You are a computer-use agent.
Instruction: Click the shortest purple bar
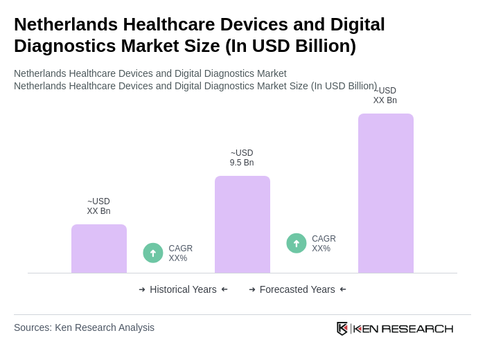point(99,249)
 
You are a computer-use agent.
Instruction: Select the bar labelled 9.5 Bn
point(242,224)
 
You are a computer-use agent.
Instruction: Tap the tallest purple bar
point(386,193)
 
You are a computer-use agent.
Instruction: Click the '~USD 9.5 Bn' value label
point(242,158)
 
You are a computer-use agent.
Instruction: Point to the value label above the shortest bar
point(98,206)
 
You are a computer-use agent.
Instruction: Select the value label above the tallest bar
point(385,96)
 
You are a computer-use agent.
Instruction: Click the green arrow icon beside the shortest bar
point(153,253)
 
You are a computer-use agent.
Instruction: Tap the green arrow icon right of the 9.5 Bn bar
point(297,244)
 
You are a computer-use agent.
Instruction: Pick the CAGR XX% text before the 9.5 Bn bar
point(180,253)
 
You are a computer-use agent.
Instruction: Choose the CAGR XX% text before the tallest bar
point(324,244)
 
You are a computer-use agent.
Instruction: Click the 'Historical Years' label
point(183,289)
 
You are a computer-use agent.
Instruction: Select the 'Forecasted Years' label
point(297,289)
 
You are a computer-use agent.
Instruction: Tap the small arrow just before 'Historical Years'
point(142,289)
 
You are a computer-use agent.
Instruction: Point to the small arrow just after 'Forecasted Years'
point(343,289)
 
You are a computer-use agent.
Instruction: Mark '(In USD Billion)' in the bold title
point(290,46)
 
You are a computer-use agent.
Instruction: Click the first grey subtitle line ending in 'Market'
point(150,73)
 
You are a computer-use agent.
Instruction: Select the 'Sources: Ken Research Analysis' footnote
point(84,327)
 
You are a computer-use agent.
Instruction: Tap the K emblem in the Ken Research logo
point(342,328)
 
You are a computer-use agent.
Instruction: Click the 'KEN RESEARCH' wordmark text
point(403,328)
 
